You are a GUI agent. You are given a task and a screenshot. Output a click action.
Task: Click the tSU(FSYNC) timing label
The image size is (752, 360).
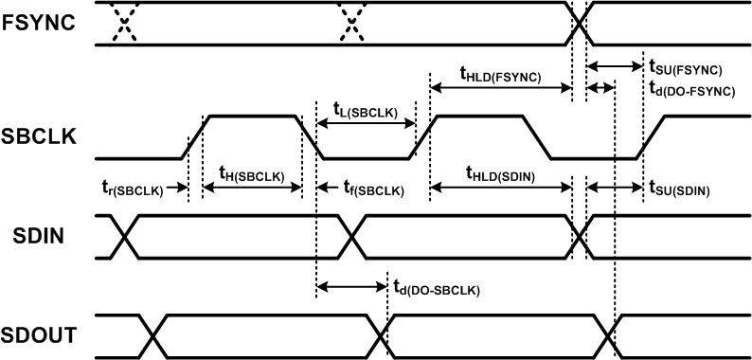tap(685, 69)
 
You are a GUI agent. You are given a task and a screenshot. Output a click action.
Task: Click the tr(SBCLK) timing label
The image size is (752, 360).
tap(133, 189)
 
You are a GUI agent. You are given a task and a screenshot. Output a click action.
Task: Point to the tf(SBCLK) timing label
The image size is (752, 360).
tap(372, 189)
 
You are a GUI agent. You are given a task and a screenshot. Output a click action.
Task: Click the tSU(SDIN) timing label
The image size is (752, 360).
tap(679, 189)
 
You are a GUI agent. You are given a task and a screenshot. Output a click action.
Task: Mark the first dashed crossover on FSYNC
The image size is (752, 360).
tap(122, 23)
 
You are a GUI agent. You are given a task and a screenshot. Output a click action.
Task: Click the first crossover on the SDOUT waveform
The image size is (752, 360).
tap(152, 335)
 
